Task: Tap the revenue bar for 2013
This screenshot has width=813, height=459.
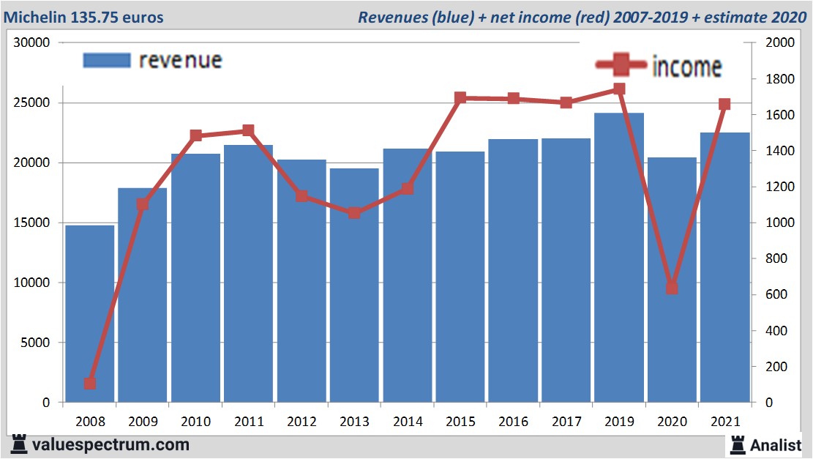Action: click(x=354, y=286)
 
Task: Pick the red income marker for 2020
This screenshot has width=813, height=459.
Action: click(x=672, y=288)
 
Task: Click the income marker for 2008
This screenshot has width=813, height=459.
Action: click(x=89, y=383)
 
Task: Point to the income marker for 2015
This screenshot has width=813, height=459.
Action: click(x=460, y=97)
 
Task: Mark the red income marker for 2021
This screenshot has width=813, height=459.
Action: click(x=724, y=104)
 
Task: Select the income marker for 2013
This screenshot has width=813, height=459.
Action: click(x=354, y=213)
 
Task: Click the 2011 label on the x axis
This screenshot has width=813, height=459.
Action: click(x=248, y=422)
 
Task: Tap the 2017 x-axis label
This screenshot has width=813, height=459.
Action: click(x=566, y=422)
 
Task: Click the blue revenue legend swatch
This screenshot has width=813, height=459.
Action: click(x=107, y=60)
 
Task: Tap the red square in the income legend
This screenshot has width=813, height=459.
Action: click(x=621, y=66)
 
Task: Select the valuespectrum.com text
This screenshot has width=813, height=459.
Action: click(x=110, y=444)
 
